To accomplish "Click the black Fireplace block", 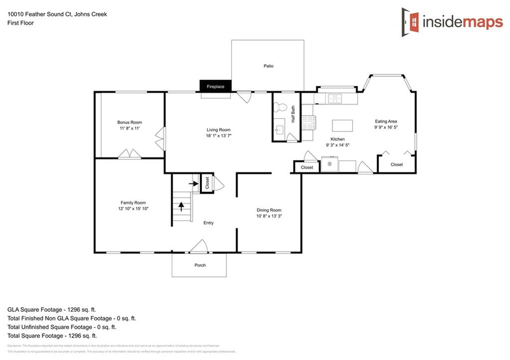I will (216, 86).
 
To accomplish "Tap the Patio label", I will (268, 66).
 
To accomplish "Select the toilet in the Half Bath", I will (281, 107).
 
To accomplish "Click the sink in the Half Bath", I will (279, 130).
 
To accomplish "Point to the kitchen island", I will (342, 124).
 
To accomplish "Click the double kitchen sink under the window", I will (334, 99).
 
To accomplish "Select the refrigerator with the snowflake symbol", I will (329, 164).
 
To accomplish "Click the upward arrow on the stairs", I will (181, 206).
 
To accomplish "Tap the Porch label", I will (200, 265).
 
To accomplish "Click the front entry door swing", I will (199, 246).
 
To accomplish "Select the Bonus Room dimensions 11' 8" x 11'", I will (129, 128).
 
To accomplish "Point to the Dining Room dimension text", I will (269, 216).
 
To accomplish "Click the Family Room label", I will (133, 203).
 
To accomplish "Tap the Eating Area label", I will (385, 121).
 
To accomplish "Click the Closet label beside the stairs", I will (207, 182).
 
